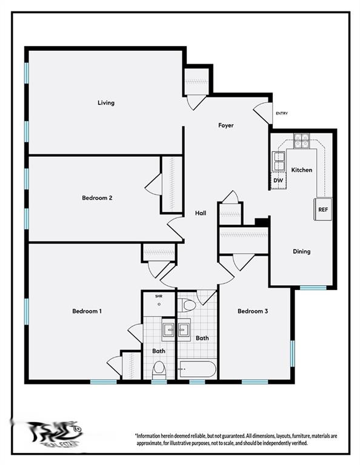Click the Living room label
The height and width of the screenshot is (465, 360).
pyautogui.click(x=106, y=103)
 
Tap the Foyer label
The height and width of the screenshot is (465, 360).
pyautogui.click(x=226, y=125)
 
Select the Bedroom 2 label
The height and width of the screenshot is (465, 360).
pyautogui.click(x=98, y=197)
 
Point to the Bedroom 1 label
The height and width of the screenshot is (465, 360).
pyautogui.click(x=87, y=311)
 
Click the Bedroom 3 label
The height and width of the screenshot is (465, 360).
pyautogui.click(x=253, y=311)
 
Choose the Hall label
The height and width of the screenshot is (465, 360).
pyautogui.click(x=201, y=213)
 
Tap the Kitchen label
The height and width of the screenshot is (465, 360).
pyautogui.click(x=302, y=170)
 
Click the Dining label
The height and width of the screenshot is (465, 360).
pyautogui.click(x=302, y=251)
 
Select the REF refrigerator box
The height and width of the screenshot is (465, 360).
pyautogui.click(x=323, y=209)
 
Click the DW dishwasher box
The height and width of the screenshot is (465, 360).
pyautogui.click(x=278, y=180)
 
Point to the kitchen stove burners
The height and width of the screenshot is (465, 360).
pyautogui.click(x=301, y=140)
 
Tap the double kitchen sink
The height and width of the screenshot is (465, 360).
pyautogui.click(x=278, y=162)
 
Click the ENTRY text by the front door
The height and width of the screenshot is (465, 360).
pyautogui.click(x=282, y=113)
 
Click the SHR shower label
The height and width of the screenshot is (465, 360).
pyautogui.click(x=159, y=296)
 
